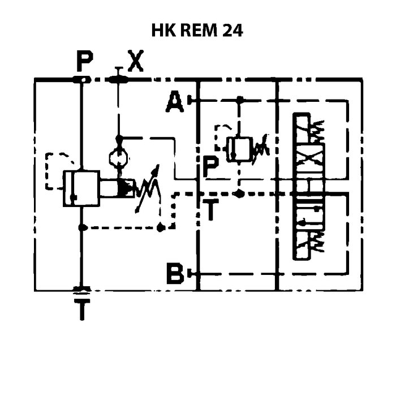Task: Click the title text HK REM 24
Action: coord(197,31)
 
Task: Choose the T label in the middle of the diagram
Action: coord(210,210)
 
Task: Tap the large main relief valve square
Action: coord(81,188)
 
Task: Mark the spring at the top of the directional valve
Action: coord(318,132)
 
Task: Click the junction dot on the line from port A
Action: coord(240,100)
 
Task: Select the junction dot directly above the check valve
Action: coord(119,138)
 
